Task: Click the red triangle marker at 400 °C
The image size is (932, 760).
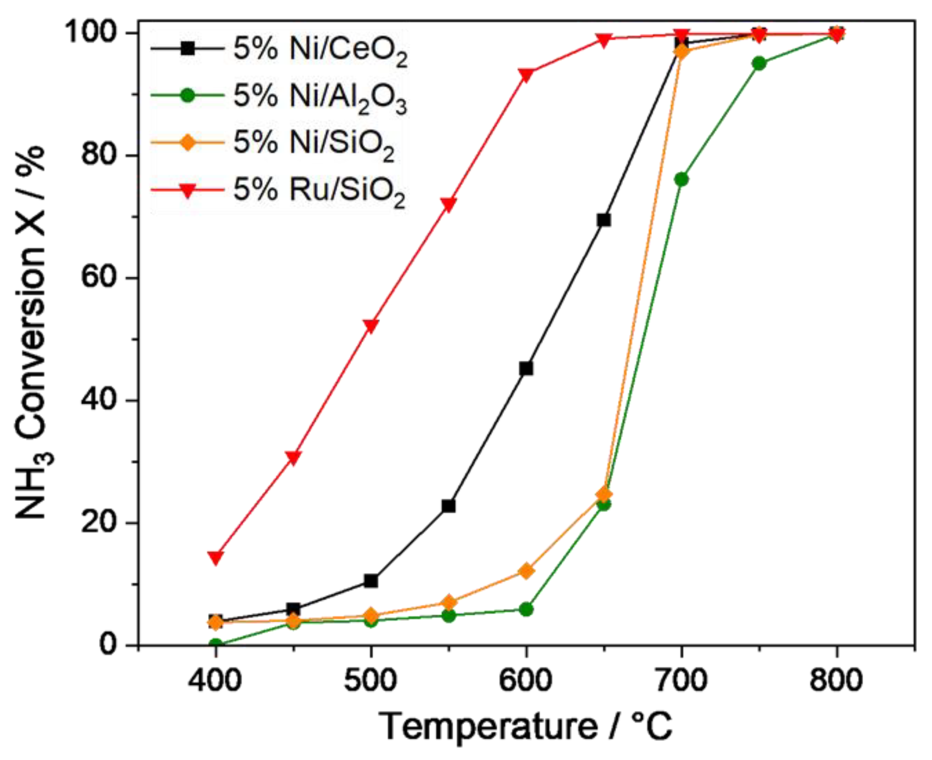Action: pos(215,558)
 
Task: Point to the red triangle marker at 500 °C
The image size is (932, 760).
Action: pos(371,326)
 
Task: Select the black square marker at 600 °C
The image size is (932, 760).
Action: pos(526,369)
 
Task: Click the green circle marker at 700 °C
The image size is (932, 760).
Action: pos(682,179)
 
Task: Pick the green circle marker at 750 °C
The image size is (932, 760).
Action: pos(759,63)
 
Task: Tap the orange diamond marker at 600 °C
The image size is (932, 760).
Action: pos(526,571)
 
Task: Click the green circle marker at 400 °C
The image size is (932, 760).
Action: pos(215,644)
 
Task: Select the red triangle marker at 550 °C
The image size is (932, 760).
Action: pos(448,204)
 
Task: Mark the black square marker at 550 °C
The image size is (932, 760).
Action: pos(448,506)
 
